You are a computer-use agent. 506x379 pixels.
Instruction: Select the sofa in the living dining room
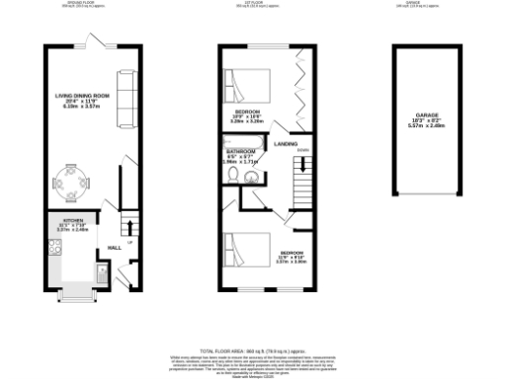click(126, 101)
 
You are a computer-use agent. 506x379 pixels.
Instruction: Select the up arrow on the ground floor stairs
click(130, 228)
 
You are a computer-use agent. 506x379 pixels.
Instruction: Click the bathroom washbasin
click(251, 178)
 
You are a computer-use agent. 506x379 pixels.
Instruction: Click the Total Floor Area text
click(252, 350)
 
